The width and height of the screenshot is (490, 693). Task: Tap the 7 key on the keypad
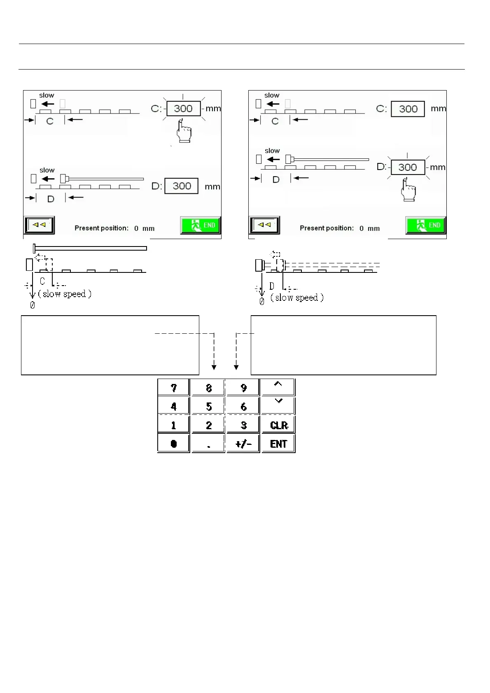[x=173, y=388]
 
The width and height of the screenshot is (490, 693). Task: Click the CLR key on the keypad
[x=279, y=425]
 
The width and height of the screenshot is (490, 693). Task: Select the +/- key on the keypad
[x=243, y=444]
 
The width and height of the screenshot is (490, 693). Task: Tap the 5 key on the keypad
[x=209, y=407]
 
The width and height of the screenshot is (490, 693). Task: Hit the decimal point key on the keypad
[x=209, y=444]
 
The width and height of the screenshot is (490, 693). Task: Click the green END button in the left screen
[x=201, y=226]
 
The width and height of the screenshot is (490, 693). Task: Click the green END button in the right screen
[x=426, y=226]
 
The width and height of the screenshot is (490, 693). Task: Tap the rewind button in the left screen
[x=39, y=225]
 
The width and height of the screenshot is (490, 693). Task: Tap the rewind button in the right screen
[x=264, y=225]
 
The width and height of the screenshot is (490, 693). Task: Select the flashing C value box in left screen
[x=183, y=109]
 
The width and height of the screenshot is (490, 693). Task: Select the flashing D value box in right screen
[x=408, y=167]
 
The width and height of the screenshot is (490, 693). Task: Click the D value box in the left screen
[x=182, y=186]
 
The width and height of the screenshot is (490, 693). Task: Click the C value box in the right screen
[x=408, y=109]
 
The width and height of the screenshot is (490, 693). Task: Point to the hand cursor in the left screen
[x=184, y=131]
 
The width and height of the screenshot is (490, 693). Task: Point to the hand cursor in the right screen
[x=408, y=190]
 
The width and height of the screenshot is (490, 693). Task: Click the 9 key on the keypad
[x=243, y=388]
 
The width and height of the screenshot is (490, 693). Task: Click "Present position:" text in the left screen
[x=101, y=228]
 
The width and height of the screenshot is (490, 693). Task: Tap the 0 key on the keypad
[x=173, y=444]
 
